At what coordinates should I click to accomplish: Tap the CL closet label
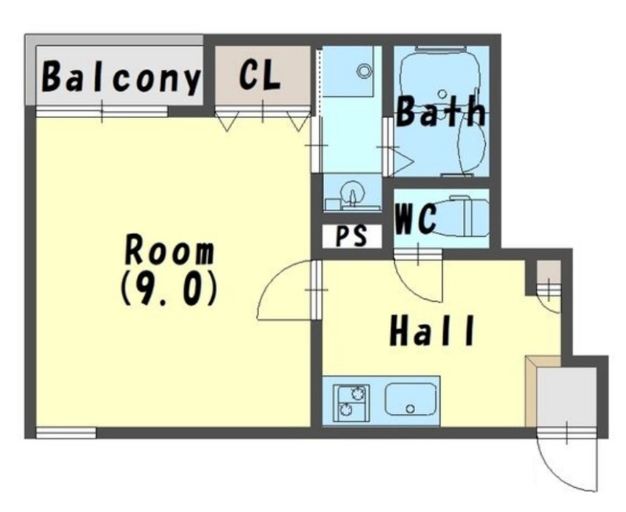[260, 74]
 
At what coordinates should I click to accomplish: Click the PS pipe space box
[351, 236]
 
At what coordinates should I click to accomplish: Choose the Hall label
[432, 331]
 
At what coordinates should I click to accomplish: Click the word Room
[170, 250]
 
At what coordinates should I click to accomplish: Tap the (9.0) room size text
[169, 289]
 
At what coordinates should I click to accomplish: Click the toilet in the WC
[459, 216]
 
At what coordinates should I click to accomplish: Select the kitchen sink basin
[410, 399]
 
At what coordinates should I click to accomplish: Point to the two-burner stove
[351, 403]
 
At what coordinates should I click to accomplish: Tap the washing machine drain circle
[364, 71]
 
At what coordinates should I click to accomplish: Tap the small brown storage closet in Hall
[549, 272]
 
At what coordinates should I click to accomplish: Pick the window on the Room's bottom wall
[67, 433]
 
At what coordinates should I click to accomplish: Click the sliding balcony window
[102, 111]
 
